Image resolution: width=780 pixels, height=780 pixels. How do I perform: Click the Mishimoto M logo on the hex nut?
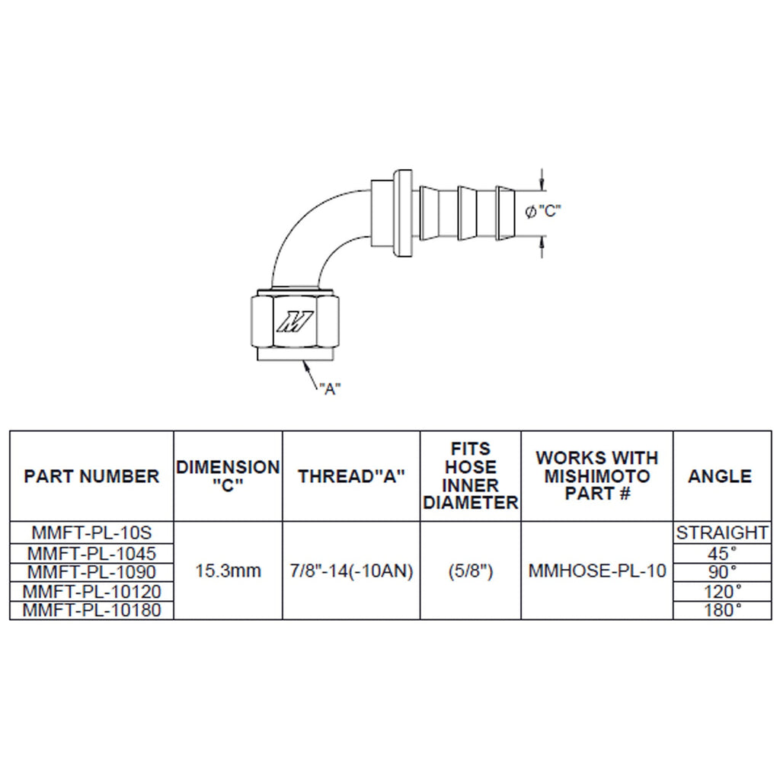click(294, 322)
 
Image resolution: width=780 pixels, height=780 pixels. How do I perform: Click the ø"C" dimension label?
click(543, 211)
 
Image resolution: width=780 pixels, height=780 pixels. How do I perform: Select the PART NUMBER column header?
click(91, 477)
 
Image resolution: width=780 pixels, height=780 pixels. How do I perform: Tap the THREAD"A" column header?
click(351, 477)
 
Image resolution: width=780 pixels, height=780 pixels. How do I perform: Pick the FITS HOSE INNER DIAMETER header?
click(471, 476)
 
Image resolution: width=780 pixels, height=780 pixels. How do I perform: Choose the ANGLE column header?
click(720, 477)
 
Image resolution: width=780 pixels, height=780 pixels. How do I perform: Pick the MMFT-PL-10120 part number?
click(92, 591)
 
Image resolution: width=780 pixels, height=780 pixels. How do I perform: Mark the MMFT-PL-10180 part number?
click(92, 610)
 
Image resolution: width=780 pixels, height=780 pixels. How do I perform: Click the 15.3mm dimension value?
click(228, 571)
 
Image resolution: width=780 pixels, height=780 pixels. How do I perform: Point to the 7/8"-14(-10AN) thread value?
click(351, 571)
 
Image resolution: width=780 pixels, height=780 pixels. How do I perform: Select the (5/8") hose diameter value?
click(471, 571)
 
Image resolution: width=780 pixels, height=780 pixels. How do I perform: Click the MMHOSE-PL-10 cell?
click(597, 571)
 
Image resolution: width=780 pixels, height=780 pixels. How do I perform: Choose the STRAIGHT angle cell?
click(721, 532)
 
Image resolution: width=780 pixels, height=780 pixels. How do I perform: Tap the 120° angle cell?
click(721, 591)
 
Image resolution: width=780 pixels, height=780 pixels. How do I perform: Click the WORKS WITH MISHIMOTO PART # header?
click(597, 476)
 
